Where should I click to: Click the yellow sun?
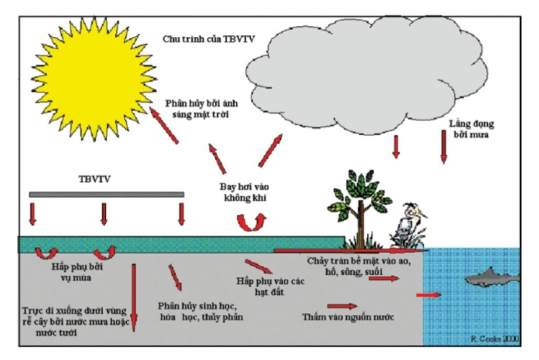[x=95, y=78]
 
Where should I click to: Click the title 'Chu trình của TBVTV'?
[x=208, y=39]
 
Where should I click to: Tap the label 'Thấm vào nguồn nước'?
[x=348, y=317]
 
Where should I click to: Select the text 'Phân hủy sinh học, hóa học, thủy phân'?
[x=201, y=312]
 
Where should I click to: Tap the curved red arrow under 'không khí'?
[x=251, y=223]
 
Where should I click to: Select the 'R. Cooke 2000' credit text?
[x=493, y=339]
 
